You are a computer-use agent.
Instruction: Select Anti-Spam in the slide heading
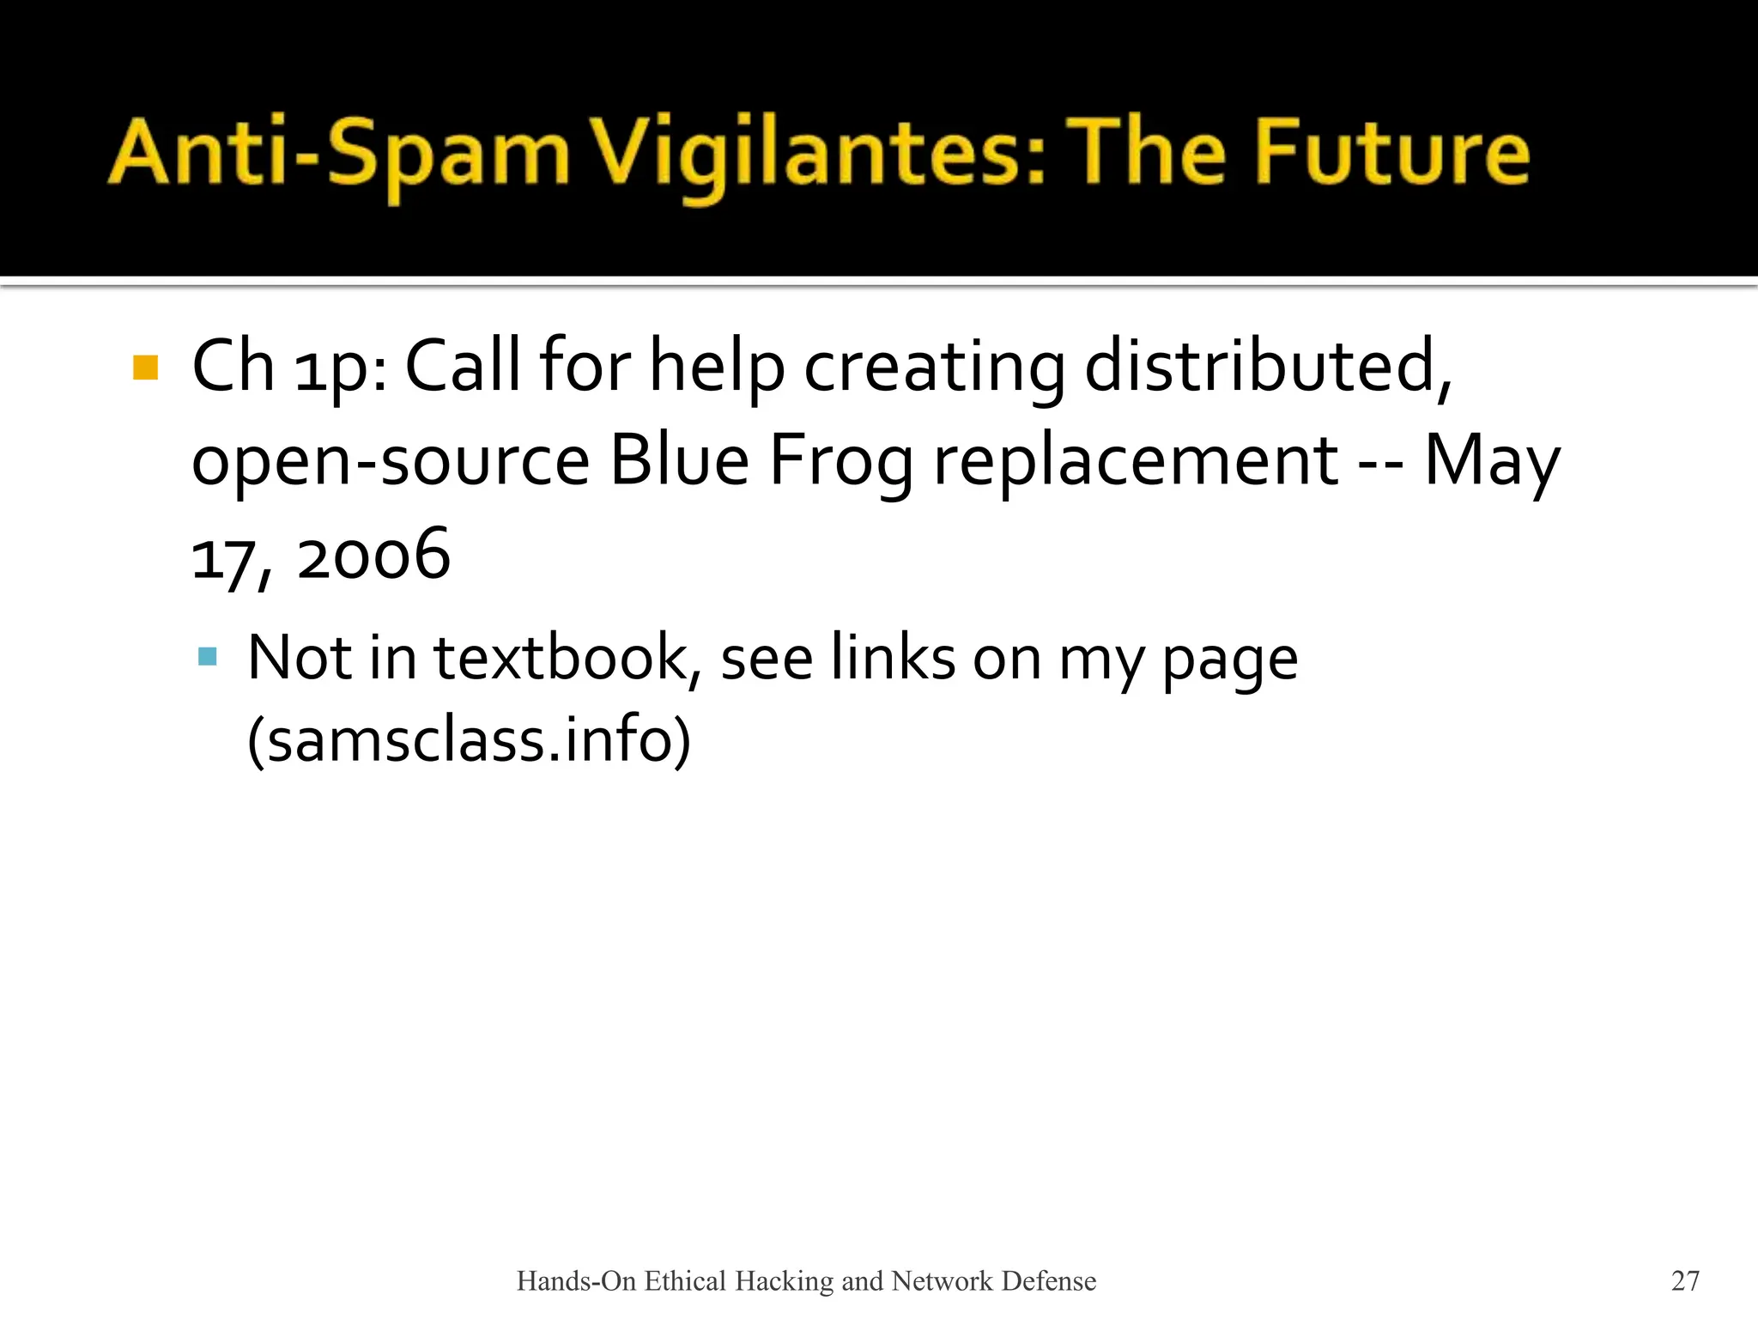(x=339, y=155)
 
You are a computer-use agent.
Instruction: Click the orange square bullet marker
(x=146, y=368)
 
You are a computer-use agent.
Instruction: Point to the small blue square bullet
(x=207, y=658)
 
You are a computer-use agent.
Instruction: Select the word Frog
(x=840, y=461)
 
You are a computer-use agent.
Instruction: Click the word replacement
(x=1136, y=461)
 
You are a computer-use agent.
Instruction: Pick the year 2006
(x=373, y=555)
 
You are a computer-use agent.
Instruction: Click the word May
(x=1492, y=461)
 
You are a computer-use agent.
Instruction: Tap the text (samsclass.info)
(x=469, y=739)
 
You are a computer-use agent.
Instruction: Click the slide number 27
(x=1685, y=1280)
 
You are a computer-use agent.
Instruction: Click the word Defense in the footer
(x=1049, y=1281)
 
